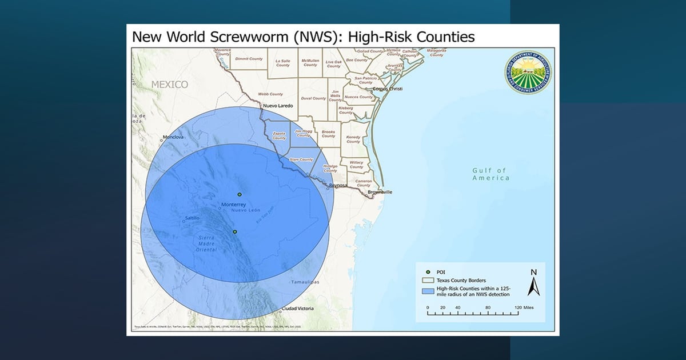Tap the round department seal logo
pos(528,73)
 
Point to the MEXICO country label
pos(169,85)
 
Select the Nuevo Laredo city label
pos(277,106)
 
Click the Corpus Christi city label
pos(388,89)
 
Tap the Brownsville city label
pos(380,192)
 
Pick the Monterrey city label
pos(233,205)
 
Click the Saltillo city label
pos(194,218)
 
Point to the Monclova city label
pos(173,137)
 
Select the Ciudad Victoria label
pos(298,309)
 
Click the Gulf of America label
pos(490,174)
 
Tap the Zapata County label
pos(279,136)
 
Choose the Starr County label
pos(301,160)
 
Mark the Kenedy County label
pos(353,139)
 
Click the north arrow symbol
pos(533,282)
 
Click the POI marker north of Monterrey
pos(240,194)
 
